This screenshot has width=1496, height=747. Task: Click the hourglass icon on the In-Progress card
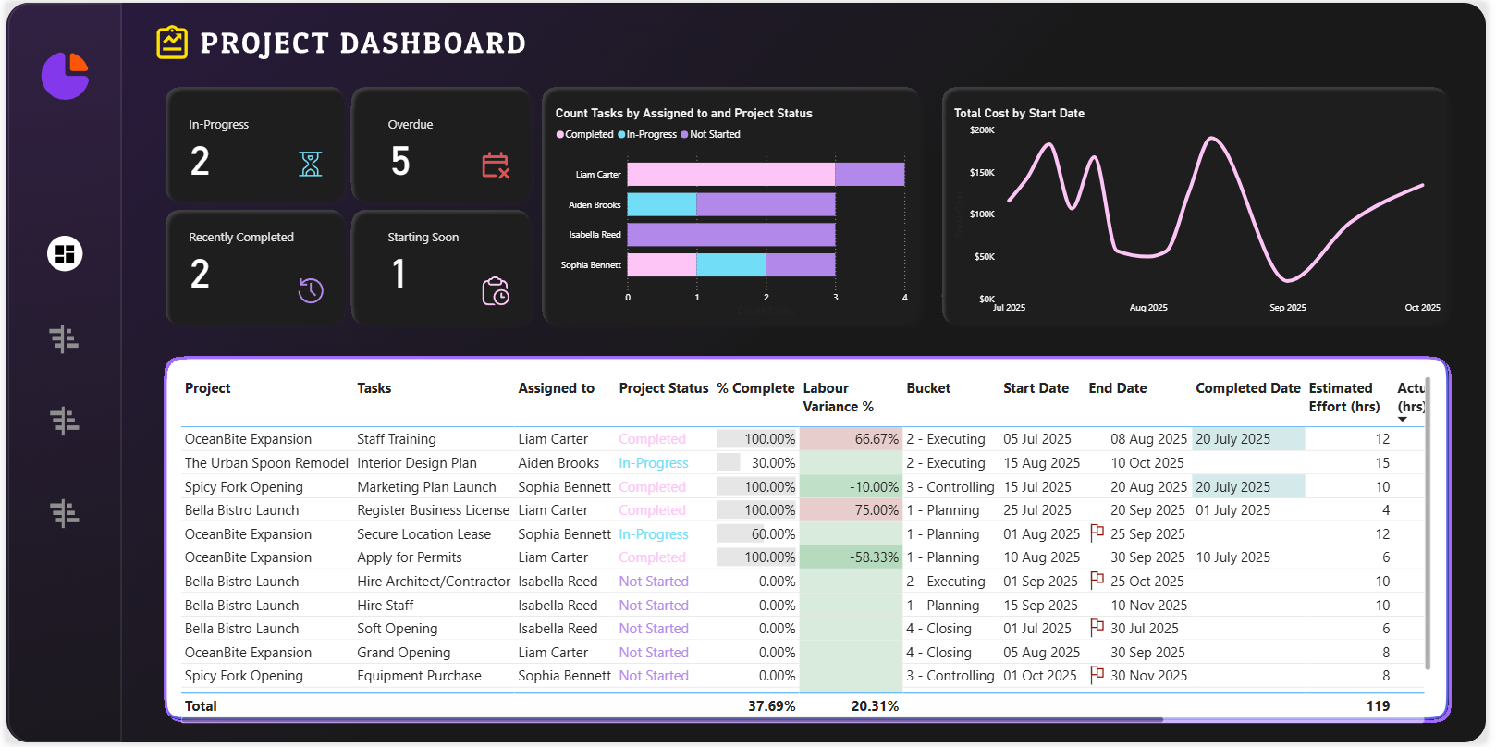pos(311,165)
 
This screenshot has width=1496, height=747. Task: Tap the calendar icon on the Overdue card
pos(496,165)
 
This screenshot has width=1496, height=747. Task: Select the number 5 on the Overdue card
pos(400,162)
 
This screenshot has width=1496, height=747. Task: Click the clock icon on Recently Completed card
pos(311,290)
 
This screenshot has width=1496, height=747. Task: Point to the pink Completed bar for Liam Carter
pos(730,175)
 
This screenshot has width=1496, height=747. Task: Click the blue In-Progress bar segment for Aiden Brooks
pos(662,204)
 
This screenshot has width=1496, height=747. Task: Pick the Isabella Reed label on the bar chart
pos(595,235)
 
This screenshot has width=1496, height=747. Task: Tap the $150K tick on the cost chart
pos(982,173)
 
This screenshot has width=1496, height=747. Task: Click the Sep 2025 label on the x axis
pos(1287,308)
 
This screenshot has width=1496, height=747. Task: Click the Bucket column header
pos(928,388)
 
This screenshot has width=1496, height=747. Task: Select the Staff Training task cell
pos(397,439)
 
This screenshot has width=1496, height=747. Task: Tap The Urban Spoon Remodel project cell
pos(266,463)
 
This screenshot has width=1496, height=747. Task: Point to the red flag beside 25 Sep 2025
pos(1097,533)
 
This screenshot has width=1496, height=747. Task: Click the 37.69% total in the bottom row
pos(771,706)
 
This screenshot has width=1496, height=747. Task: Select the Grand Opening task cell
pos(404,653)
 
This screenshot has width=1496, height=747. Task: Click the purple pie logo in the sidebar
pos(65,75)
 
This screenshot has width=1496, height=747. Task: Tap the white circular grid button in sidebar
pos(65,253)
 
